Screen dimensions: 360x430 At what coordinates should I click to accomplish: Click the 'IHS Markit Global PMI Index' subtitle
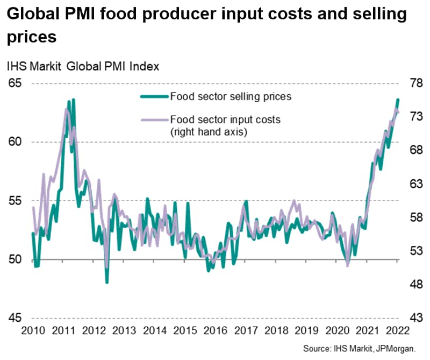point(83,67)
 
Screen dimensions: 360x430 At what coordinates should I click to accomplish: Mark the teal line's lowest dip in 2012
point(107,282)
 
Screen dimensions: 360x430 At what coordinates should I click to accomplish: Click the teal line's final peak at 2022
point(398,100)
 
